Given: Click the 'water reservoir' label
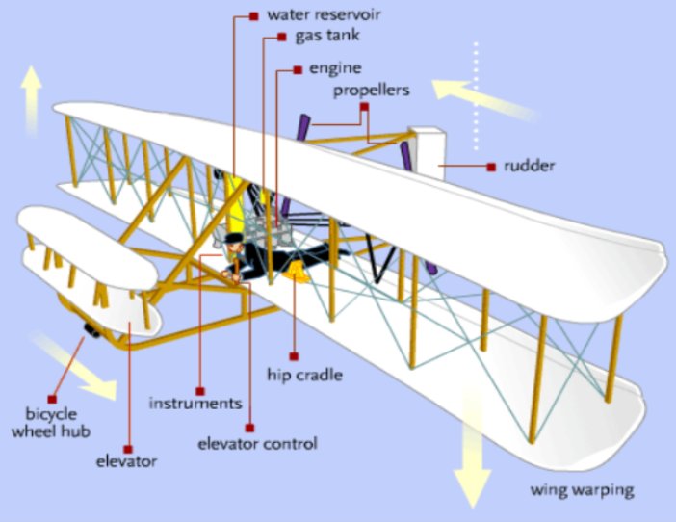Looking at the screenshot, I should click(312, 16).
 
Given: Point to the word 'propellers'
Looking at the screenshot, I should click(372, 91).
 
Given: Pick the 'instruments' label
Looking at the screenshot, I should click(195, 403).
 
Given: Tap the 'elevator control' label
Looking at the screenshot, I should click(256, 444).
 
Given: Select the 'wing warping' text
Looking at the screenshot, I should click(582, 490).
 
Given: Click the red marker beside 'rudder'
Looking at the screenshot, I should click(491, 167).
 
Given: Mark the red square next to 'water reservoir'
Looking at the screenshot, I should click(253, 16).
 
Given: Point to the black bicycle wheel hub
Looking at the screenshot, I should click(93, 332).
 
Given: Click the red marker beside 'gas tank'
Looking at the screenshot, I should click(281, 38).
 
